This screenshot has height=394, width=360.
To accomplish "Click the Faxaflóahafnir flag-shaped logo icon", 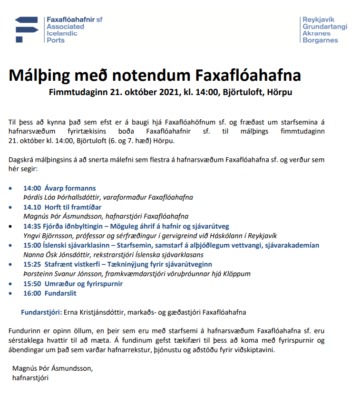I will pyautogui.click(x=28, y=29).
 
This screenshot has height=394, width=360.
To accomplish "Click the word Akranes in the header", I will pyautogui.click(x=315, y=33).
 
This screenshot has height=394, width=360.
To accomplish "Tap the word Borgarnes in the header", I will pyautogui.click(x=320, y=40).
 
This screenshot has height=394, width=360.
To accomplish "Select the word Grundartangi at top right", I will pyautogui.click(x=325, y=27).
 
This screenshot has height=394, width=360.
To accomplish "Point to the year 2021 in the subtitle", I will pyautogui.click(x=160, y=92).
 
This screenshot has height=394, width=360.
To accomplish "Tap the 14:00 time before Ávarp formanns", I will pyautogui.click(x=32, y=188).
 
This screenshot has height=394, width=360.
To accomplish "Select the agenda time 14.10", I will pyautogui.click(x=32, y=207).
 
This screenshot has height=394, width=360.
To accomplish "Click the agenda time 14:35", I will pyautogui.click(x=32, y=226).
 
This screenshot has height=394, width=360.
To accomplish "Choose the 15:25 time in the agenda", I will pyautogui.click(x=32, y=264).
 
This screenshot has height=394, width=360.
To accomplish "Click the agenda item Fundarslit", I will pyautogui.click(x=61, y=293).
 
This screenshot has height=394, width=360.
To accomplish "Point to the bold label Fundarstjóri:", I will pyautogui.click(x=41, y=312).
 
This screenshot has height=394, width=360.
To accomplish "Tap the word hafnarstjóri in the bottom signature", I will pyautogui.click(x=30, y=378).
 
